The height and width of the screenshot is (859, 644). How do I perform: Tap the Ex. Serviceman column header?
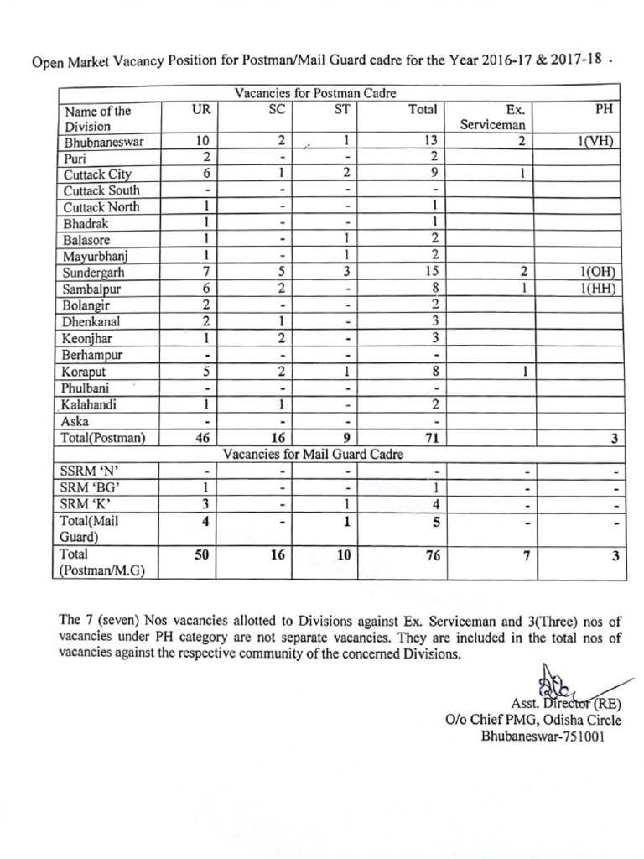[x=491, y=117]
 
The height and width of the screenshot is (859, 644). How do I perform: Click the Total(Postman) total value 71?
[x=433, y=437]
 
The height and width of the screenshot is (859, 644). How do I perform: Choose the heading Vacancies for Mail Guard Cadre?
[x=313, y=454]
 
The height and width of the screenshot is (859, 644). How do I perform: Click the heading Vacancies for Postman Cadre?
[x=315, y=93]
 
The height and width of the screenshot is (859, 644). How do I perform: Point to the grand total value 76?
[x=433, y=555]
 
